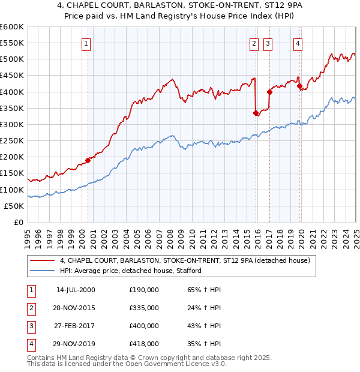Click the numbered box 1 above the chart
(x=87, y=43)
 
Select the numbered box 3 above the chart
(x=268, y=43)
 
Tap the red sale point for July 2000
(x=88, y=160)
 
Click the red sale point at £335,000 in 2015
(x=256, y=113)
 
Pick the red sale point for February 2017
(x=269, y=92)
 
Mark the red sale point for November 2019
(x=299, y=86)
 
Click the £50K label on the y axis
(x=14, y=206)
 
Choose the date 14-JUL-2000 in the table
(x=76, y=290)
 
